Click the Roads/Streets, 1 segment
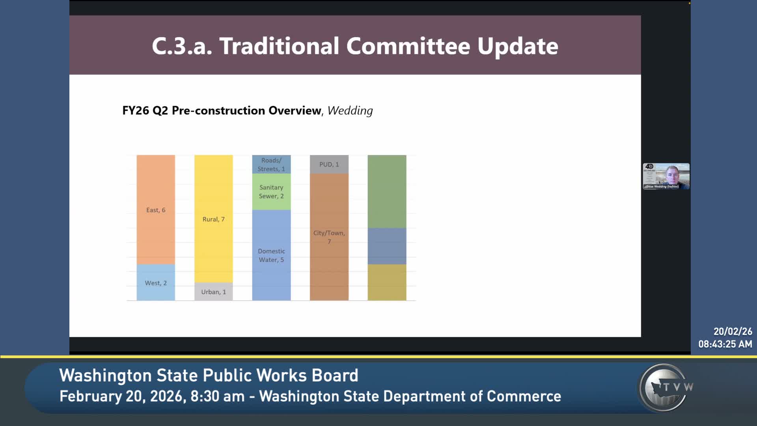[x=271, y=164]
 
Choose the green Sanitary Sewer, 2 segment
[x=271, y=192]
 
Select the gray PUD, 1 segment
[x=329, y=164]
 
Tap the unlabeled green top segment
[x=387, y=191]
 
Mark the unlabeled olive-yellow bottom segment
[x=387, y=282]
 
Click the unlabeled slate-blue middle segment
[x=387, y=246]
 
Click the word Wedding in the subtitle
[x=350, y=111]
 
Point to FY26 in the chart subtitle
[x=136, y=111]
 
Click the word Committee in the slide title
[x=408, y=46]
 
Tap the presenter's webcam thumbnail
[x=666, y=176]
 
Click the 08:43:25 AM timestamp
[x=725, y=344]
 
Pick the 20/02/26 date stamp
[x=733, y=331]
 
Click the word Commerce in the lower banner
[x=524, y=396]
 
